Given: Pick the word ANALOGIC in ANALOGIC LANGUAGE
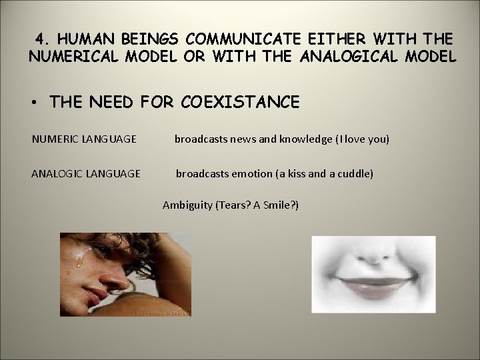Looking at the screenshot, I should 56,174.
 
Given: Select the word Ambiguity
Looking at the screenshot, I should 187,205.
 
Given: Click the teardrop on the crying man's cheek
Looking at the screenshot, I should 81,261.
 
